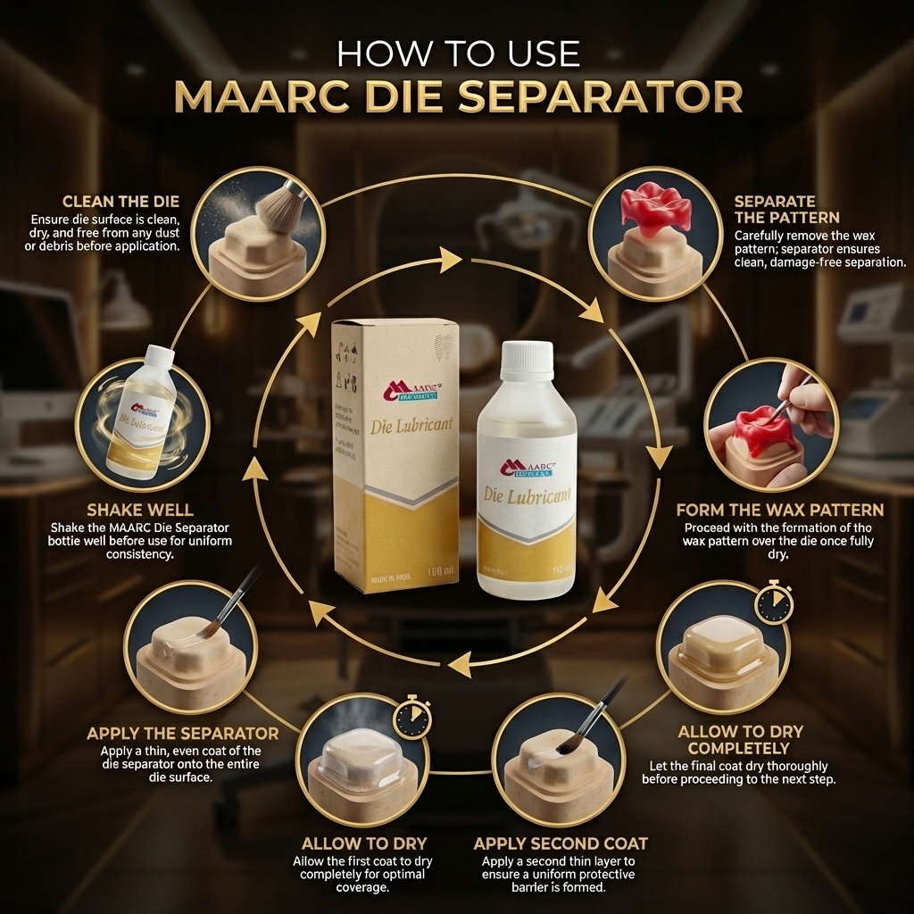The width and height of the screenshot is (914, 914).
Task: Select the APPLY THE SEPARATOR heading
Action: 182,733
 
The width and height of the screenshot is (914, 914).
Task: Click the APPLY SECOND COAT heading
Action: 561,843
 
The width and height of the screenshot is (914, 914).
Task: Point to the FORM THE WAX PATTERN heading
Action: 779,511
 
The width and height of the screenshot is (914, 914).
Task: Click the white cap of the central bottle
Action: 527,361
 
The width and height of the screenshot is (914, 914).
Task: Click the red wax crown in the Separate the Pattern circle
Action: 657,208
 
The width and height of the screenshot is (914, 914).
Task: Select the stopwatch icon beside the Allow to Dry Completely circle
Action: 772,602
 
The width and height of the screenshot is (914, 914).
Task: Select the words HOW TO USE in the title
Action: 458,54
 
